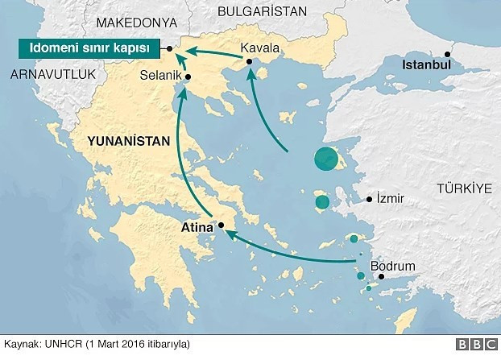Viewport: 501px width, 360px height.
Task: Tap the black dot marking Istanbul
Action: coord(449,54)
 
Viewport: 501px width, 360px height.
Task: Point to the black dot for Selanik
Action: coord(187,77)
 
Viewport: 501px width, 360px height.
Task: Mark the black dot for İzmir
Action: coord(370,199)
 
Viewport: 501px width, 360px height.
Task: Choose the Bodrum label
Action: coord(393,266)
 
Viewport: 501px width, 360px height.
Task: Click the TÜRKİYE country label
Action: coord(463,188)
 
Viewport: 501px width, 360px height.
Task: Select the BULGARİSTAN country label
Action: coord(263,10)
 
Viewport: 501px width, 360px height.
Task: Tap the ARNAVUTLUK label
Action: coord(53,74)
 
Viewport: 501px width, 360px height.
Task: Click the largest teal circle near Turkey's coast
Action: coord(326,159)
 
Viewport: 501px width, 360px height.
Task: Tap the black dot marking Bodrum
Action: coord(382,277)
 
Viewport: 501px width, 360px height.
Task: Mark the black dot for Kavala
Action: coord(250,62)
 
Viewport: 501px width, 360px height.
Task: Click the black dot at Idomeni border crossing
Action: coord(170,50)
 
